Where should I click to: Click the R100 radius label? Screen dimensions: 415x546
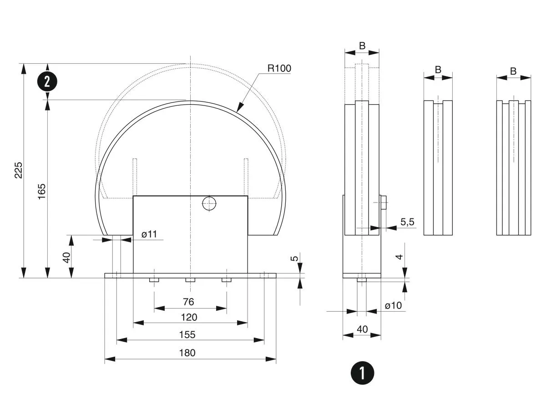279,68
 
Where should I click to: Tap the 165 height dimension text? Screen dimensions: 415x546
42,192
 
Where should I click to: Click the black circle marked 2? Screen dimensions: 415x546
47,82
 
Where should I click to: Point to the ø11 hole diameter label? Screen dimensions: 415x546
149,234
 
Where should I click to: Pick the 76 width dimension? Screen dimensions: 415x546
188,302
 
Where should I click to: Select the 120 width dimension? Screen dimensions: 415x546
188,317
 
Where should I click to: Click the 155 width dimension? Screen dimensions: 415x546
187,334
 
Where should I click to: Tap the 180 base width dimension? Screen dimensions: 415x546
187,353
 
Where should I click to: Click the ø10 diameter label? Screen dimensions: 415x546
393,305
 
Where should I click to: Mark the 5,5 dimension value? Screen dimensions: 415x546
408,222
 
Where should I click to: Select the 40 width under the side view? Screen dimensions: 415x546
362,329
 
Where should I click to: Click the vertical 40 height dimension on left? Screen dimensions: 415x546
66,257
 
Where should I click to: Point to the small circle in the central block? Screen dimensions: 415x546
209,203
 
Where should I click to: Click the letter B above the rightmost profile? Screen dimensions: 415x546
513,71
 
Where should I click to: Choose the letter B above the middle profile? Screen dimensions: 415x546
438,70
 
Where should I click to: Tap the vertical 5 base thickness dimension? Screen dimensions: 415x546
295,258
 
